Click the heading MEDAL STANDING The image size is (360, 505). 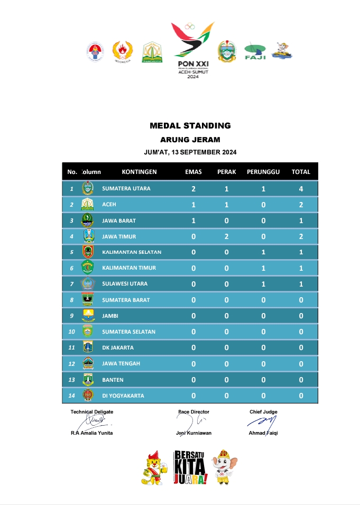click(x=190, y=126)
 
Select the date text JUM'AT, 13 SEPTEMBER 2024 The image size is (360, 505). click(x=190, y=152)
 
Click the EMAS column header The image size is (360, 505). click(x=193, y=172)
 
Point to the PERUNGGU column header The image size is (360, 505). click(x=263, y=172)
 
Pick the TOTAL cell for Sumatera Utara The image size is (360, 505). click(x=301, y=189)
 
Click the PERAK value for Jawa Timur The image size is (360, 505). click(x=226, y=236)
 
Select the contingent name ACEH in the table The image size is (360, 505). click(x=109, y=205)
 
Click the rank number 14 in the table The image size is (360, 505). click(x=71, y=396)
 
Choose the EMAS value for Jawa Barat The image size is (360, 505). click(x=193, y=221)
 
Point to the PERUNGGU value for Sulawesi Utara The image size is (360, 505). click(x=263, y=284)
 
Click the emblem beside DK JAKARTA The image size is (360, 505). click(x=88, y=347)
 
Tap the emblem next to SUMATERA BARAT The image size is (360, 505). click(x=88, y=300)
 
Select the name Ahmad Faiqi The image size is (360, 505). click(x=263, y=433)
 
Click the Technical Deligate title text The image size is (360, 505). click(x=92, y=411)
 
